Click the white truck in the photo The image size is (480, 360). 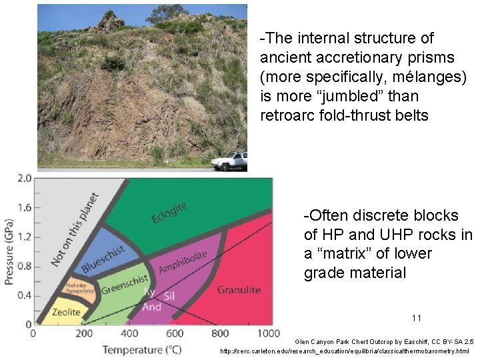229,161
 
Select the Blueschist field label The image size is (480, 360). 103,259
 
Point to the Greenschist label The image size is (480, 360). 125,285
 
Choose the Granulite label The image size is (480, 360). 239,290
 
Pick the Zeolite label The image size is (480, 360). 65,312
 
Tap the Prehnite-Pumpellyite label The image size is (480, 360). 82,288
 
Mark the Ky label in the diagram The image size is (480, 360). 149,292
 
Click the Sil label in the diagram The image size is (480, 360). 169,294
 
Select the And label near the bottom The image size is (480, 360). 151,307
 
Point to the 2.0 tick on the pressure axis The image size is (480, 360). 24,178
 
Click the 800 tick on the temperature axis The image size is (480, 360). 220,333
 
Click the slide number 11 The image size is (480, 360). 417,318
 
